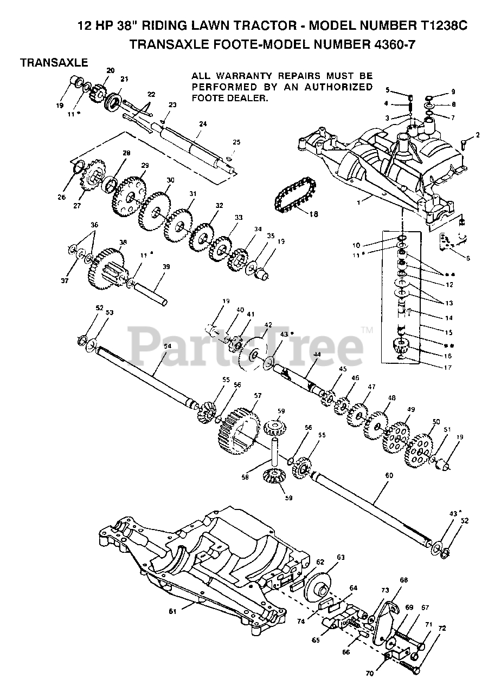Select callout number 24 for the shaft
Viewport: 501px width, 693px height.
(x=202, y=124)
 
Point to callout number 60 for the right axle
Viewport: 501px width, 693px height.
(x=388, y=474)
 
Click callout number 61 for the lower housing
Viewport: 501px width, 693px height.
(x=173, y=612)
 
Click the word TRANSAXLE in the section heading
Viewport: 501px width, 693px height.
(x=54, y=63)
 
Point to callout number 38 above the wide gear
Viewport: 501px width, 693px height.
(x=123, y=243)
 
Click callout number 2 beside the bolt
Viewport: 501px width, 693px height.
(x=477, y=134)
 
